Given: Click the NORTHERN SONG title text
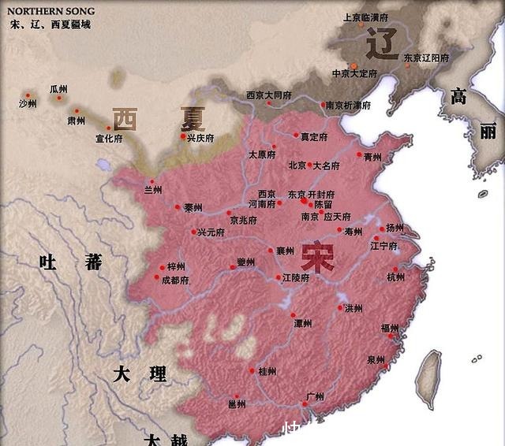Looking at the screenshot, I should (50, 11).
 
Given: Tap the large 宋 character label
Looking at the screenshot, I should (316, 258).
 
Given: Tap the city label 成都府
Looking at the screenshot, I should (174, 280).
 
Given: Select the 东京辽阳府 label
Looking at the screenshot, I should (426, 58).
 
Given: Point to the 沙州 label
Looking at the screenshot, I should (28, 103).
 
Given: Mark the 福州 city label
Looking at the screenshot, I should (390, 328).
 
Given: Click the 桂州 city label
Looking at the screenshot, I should (267, 371).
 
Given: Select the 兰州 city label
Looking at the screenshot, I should (153, 190).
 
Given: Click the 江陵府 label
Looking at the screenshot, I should (297, 277).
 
